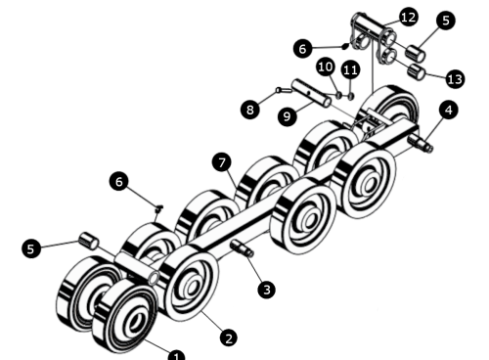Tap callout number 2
229,337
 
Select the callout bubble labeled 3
265,290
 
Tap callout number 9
288,116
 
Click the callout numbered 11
351,67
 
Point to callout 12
408,17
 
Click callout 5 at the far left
31,248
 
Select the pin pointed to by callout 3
243,249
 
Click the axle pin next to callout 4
424,144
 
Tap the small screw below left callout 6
158,208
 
